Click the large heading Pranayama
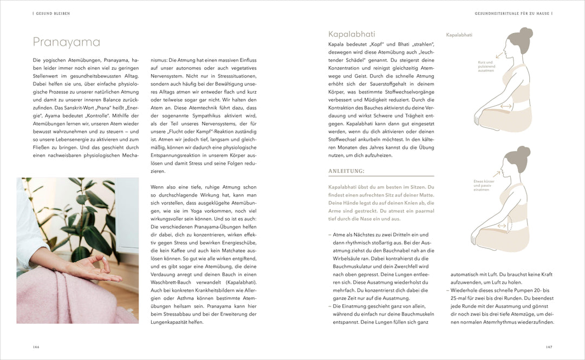pos(67,42)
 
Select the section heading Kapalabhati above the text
pos(352,34)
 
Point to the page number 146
pos(36,347)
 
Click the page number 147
pos(549,347)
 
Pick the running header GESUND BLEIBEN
pos(53,13)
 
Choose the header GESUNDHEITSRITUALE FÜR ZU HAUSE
pos(512,13)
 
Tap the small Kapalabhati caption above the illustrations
pos(459,35)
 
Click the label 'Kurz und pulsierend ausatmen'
pos(486,67)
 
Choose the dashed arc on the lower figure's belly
pos(508,225)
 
